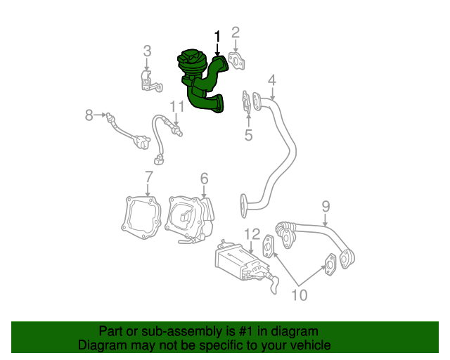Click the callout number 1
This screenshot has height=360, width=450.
point(217,36)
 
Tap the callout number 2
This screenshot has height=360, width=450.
point(236,32)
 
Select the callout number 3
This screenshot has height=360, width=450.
point(147,51)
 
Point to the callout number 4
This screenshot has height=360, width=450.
point(271,80)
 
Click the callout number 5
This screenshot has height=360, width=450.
point(248,135)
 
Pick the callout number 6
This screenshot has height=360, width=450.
point(204,178)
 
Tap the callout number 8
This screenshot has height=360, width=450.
point(89,115)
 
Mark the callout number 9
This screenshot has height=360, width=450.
point(326,206)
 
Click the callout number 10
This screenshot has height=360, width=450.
point(300,295)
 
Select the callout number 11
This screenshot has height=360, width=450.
point(176,106)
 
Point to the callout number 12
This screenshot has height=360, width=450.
point(252,233)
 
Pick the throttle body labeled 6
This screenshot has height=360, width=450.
point(190,217)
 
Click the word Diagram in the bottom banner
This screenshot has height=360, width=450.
point(100,345)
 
